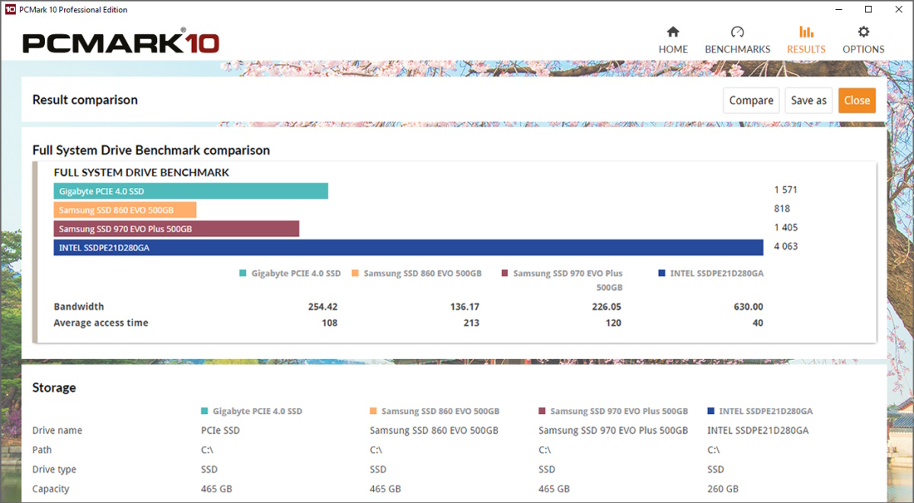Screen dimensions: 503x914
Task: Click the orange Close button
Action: (857, 100)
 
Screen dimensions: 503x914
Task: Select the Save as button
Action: (808, 100)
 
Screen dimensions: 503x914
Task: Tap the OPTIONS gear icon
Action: (863, 32)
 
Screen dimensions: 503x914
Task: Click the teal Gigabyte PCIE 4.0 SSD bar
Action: (190, 191)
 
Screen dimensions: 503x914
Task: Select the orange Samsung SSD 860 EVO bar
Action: (125, 210)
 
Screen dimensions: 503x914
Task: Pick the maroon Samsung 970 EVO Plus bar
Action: (176, 228)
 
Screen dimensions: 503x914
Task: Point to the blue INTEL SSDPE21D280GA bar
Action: (408, 247)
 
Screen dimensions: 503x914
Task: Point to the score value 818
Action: (781, 209)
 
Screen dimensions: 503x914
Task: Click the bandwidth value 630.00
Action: (748, 307)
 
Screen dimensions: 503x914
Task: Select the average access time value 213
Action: (471, 323)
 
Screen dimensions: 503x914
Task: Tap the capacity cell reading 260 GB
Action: (723, 489)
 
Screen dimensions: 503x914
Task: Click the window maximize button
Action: (868, 10)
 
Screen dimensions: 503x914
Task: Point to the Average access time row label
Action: (101, 323)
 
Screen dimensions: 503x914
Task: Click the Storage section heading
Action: (54, 387)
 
